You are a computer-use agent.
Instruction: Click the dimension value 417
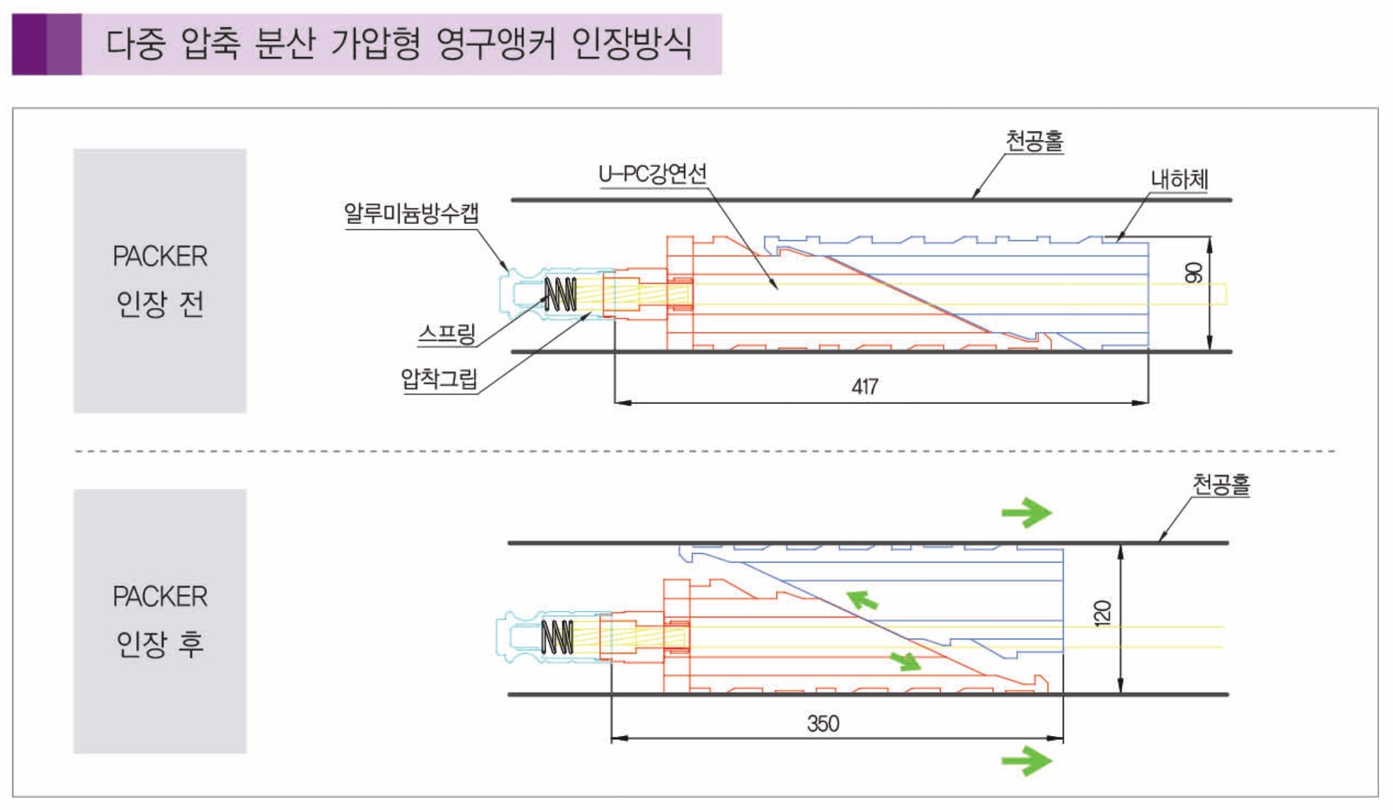pyautogui.click(x=864, y=386)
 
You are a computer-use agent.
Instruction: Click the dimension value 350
pyautogui.click(x=822, y=724)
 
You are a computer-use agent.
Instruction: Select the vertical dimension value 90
pyautogui.click(x=1193, y=273)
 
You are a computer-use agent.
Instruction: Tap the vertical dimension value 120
pyautogui.click(x=1103, y=613)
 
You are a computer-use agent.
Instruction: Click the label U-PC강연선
pyautogui.click(x=653, y=174)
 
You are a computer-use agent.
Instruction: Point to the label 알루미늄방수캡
pyautogui.click(x=411, y=214)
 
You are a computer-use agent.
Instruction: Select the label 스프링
pyautogui.click(x=446, y=334)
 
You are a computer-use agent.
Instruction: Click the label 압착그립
pyautogui.click(x=439, y=379)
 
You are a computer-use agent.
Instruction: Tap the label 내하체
pyautogui.click(x=1179, y=179)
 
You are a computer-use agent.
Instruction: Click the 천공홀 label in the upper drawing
pyautogui.click(x=1034, y=140)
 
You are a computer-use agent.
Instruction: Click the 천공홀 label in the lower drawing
pyautogui.click(x=1221, y=484)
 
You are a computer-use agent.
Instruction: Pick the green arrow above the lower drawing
pyautogui.click(x=1026, y=512)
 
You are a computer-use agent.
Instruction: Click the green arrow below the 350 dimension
pyautogui.click(x=1026, y=761)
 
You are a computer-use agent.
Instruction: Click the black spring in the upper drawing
pyautogui.click(x=560, y=295)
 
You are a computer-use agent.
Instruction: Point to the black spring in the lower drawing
pyautogui.click(x=557, y=637)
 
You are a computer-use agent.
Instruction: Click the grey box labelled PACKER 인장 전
pyautogui.click(x=159, y=280)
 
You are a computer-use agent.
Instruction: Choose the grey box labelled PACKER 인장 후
pyautogui.click(x=159, y=620)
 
